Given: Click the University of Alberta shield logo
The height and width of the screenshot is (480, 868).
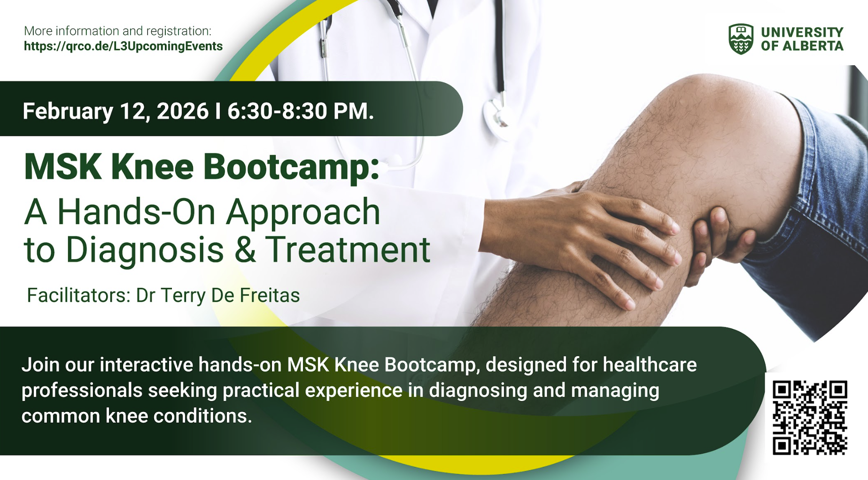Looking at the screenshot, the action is coord(741,39).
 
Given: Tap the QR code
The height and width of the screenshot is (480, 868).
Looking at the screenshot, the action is coord(810,418).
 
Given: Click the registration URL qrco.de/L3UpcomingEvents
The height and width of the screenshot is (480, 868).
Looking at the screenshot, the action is coord(123,46).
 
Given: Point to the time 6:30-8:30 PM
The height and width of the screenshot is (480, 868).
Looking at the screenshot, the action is coord(301,111).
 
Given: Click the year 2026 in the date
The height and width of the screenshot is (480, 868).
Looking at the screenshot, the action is coord(182,111).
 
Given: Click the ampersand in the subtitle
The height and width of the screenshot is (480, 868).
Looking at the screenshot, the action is coord(245,249).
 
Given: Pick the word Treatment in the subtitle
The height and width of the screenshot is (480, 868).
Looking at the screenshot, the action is coord(348,249).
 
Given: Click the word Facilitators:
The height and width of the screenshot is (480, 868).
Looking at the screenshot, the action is coord(78,295).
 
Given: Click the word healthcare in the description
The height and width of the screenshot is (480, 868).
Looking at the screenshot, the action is coord(650,365).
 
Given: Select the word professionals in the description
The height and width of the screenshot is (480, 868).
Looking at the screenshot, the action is coord(82,391).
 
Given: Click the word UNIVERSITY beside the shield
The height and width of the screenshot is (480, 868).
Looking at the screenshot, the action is coord(802,32).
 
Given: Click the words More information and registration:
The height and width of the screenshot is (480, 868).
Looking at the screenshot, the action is coord(118,31).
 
